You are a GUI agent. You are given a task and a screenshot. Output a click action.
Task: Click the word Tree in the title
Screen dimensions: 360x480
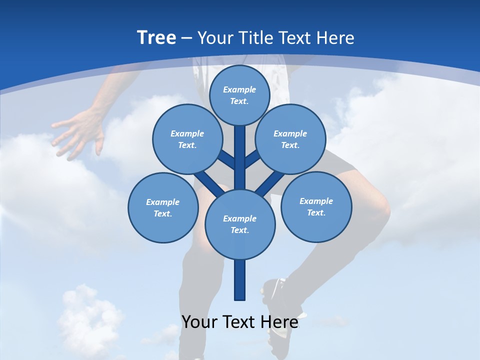point(156,37)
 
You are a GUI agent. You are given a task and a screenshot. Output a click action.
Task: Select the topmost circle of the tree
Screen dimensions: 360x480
point(239,95)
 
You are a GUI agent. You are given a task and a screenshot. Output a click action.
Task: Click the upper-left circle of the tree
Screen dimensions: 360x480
point(187,139)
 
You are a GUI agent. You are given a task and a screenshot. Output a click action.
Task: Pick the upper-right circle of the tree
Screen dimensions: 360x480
point(290,139)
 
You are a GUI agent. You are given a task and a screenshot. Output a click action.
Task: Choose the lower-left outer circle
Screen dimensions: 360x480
point(163,207)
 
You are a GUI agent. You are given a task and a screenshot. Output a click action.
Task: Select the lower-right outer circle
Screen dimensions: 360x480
point(316,206)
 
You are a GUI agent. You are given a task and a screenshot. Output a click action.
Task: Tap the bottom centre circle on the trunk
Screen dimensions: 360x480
point(240,224)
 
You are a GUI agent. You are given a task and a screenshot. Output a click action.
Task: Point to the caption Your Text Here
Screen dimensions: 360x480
point(240,322)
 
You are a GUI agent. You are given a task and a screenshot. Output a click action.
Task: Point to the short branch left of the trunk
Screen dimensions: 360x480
point(226,160)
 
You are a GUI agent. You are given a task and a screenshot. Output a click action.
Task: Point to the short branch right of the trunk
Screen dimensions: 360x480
point(253,160)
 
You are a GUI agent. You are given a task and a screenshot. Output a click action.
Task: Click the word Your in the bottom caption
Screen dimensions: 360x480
point(199,322)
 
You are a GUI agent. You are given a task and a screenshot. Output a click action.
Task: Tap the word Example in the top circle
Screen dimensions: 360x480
point(239,89)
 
